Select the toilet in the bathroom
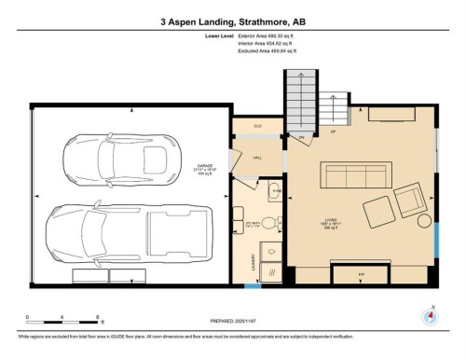point(267,223)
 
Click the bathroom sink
point(274,193)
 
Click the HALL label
point(258,159)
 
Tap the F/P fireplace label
point(363,276)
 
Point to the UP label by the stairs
point(332,132)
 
